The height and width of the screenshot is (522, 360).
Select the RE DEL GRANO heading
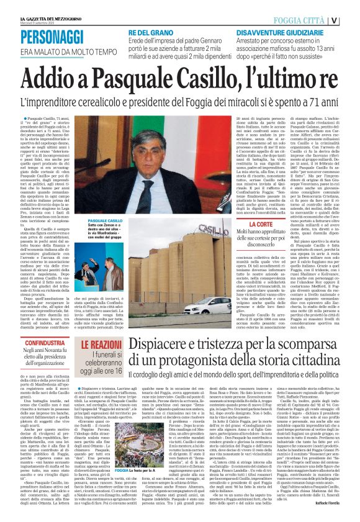tap(151, 30)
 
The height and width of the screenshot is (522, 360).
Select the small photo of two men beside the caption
tap(107, 277)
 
